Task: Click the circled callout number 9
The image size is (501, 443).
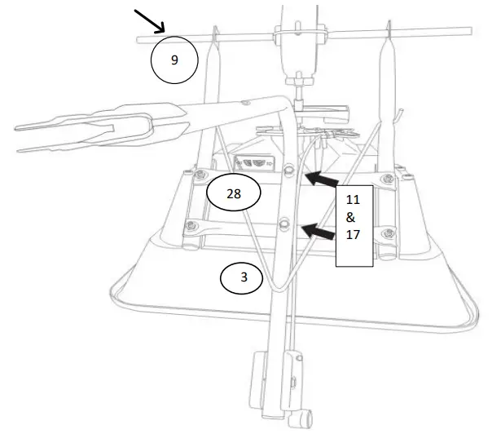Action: point(174,60)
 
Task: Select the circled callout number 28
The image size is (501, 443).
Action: point(233,194)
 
